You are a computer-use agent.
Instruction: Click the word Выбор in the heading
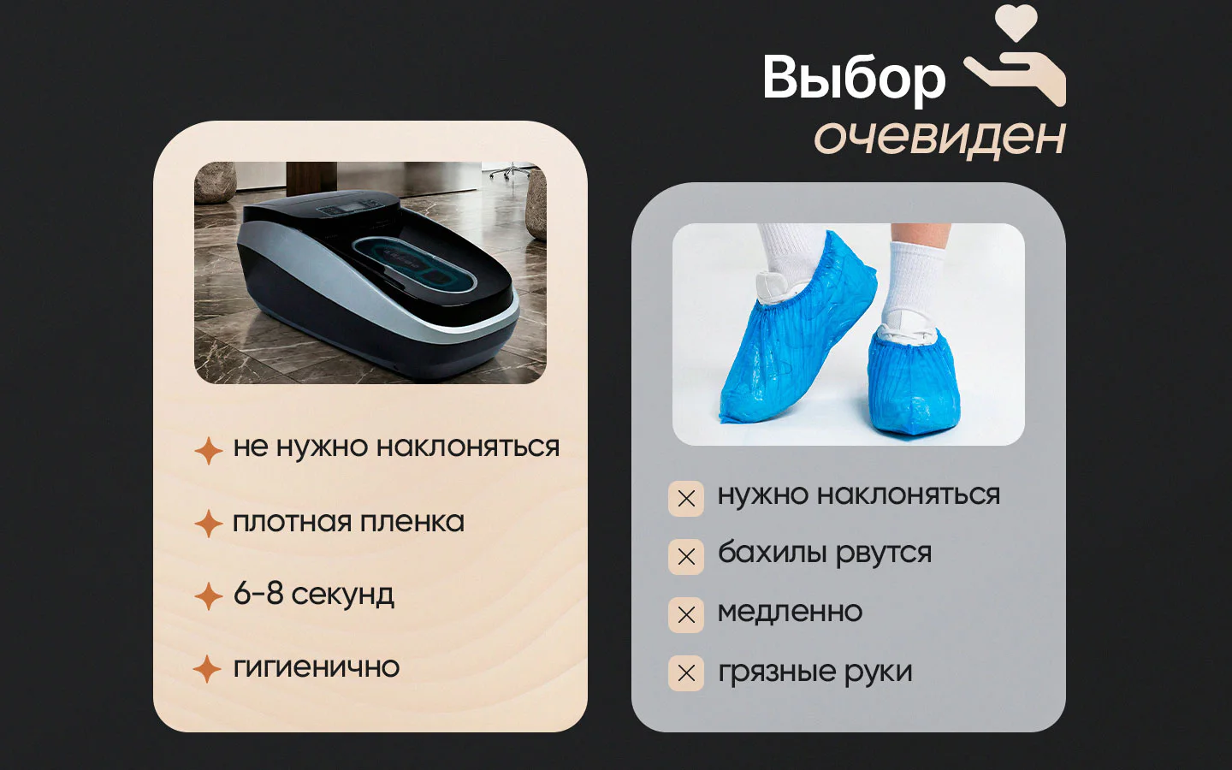(x=854, y=80)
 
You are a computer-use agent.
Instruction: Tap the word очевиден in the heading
(x=939, y=138)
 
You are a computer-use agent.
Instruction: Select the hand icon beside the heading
(x=1016, y=78)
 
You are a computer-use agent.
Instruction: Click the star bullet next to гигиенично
(x=207, y=668)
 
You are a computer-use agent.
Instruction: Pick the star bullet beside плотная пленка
(x=209, y=523)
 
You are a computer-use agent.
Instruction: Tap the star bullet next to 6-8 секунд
(x=209, y=595)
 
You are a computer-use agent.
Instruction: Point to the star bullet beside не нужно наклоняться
(x=209, y=450)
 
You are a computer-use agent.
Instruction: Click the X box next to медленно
(x=686, y=615)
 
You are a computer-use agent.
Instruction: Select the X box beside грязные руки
(x=686, y=673)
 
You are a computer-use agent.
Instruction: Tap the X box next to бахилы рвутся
(x=686, y=557)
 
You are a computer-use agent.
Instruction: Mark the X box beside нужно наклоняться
(x=686, y=499)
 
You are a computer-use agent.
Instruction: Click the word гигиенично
(x=317, y=668)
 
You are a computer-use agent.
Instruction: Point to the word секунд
(x=342, y=595)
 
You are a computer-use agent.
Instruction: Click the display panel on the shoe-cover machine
(x=351, y=210)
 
